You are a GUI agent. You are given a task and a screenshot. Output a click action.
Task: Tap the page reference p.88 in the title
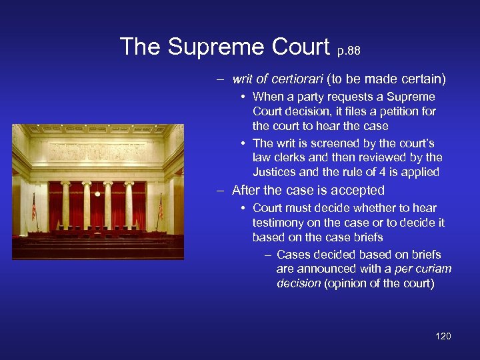click(348, 50)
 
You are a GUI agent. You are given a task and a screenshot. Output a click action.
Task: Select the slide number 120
click(443, 336)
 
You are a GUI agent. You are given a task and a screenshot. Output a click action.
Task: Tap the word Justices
click(275, 172)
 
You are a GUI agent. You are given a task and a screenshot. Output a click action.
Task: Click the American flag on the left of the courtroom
click(34, 209)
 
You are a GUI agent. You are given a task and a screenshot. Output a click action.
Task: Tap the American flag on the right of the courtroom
click(160, 208)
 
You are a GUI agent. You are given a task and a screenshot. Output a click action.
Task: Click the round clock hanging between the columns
click(97, 194)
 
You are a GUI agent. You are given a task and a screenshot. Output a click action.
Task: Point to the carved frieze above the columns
click(97, 152)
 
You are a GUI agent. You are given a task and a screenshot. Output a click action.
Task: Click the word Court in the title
click(301, 47)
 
